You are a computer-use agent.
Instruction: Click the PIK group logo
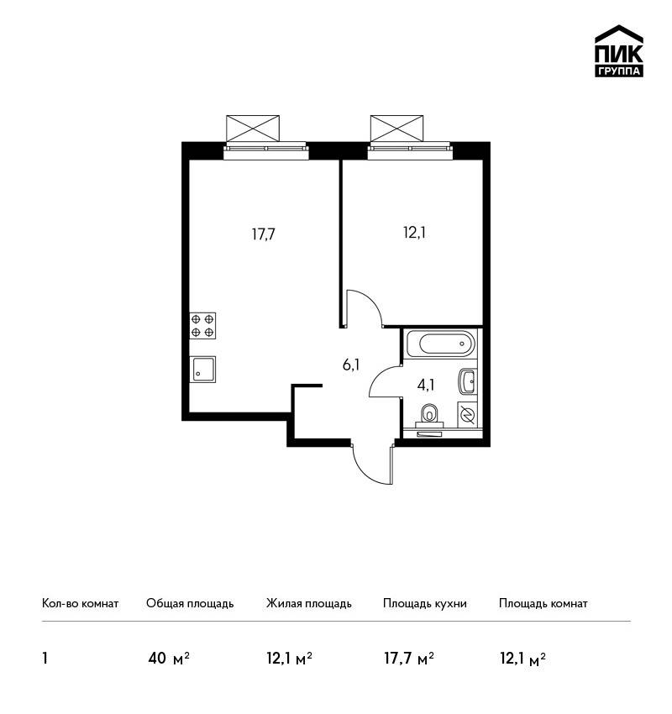point(619,51)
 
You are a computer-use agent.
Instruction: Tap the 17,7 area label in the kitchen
point(264,234)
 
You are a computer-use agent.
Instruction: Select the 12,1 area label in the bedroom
point(414,233)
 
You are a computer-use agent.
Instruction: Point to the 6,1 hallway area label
point(351,365)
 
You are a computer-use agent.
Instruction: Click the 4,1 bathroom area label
point(426,386)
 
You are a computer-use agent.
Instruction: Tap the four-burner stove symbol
point(202,326)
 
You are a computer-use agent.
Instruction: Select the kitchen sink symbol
point(202,369)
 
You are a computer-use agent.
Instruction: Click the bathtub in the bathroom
point(440,344)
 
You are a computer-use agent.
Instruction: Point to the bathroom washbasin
point(468,381)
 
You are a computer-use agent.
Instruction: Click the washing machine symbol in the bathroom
point(467,415)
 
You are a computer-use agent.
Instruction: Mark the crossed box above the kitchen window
point(253,129)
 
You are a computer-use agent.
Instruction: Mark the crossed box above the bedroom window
point(397,129)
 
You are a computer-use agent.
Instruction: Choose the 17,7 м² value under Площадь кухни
point(409,659)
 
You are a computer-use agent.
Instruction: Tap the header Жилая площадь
point(308,603)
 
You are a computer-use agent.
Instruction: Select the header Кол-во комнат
point(80,603)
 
